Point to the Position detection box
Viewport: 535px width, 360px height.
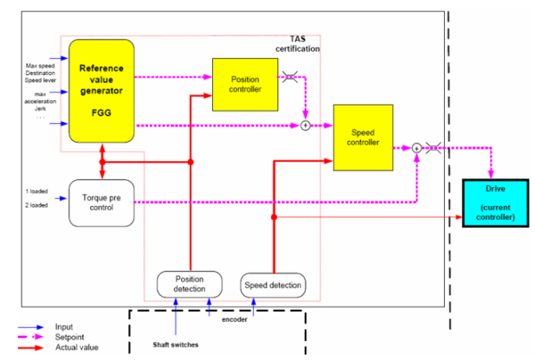189,283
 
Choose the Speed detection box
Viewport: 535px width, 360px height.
273,284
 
